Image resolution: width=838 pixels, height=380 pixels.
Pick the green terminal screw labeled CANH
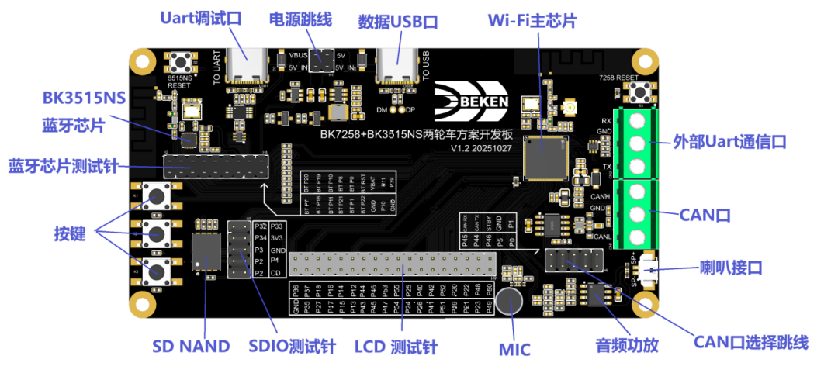(636, 189)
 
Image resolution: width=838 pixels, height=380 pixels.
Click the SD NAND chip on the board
(205, 251)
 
